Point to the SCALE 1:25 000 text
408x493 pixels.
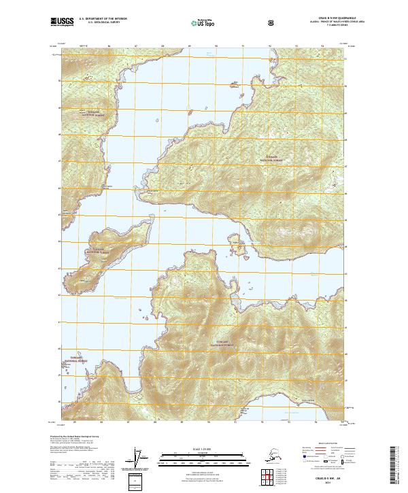(203, 449)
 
